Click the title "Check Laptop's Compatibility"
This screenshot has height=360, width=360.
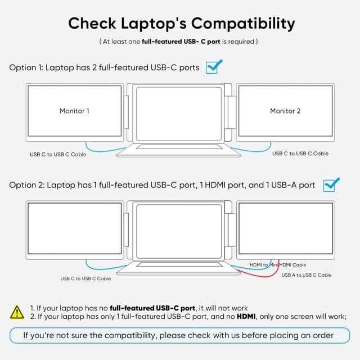point(181,24)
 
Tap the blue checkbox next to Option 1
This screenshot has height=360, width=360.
point(213,67)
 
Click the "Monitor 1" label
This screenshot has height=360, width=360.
point(74,111)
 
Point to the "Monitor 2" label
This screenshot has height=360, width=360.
point(285,111)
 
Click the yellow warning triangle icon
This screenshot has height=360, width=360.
point(17,311)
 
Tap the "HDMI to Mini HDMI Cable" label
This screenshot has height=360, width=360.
point(278,265)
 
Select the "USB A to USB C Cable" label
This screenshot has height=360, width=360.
point(307,275)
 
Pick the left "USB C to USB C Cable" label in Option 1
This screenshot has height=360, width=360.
point(58,154)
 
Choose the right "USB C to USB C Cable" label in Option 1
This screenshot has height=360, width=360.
point(300,154)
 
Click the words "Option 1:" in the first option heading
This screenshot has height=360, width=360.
point(26,67)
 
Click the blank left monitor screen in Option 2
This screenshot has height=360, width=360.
point(75,228)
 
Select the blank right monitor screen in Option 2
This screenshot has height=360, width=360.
point(285,228)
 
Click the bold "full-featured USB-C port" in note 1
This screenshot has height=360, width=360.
point(152,308)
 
